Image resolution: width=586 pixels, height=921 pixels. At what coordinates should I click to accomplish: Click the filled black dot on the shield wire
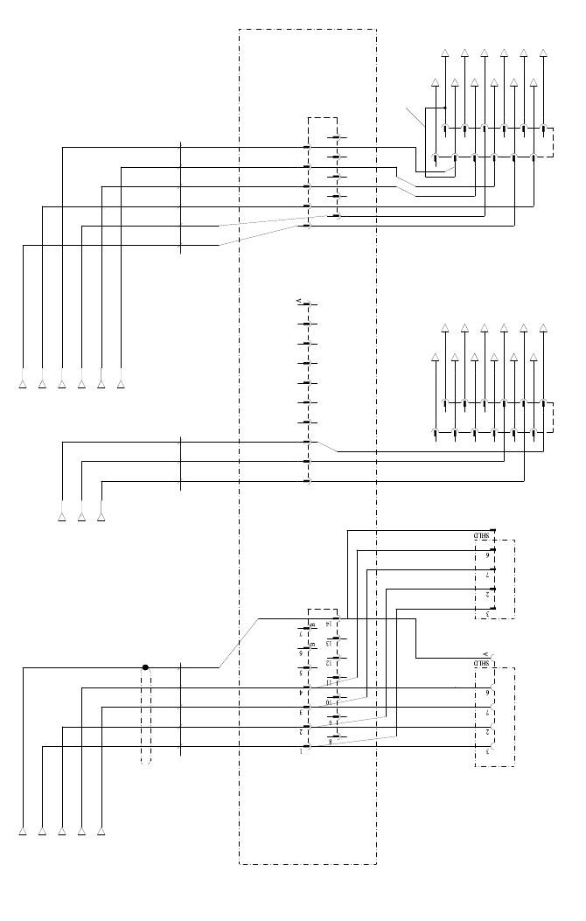click(x=146, y=667)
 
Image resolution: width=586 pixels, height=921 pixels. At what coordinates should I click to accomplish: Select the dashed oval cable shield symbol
click(x=146, y=715)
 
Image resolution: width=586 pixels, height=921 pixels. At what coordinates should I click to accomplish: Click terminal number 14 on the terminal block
click(x=329, y=624)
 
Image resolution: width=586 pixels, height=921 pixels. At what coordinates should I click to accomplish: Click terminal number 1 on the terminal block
click(x=301, y=750)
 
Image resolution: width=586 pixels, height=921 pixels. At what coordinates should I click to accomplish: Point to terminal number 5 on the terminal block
click(x=301, y=673)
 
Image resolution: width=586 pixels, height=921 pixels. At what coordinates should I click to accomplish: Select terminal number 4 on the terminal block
click(x=301, y=692)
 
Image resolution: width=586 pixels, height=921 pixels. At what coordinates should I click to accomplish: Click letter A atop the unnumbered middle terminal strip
click(x=299, y=301)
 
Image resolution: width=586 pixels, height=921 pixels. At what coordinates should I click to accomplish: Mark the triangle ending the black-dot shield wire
click(x=23, y=830)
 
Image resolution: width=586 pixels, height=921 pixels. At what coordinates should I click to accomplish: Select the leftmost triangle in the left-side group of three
click(x=62, y=517)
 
